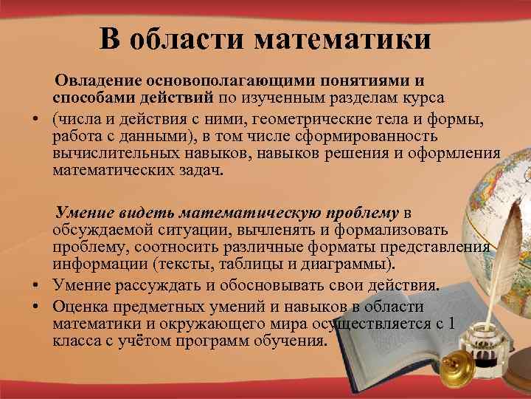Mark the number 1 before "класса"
[451, 323]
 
